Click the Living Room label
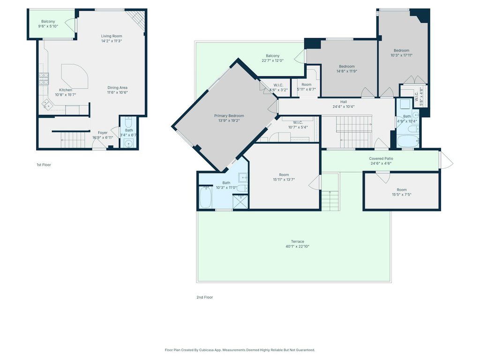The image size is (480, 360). (112, 36)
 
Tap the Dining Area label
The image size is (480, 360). (117, 88)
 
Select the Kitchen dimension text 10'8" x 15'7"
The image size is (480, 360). (66, 95)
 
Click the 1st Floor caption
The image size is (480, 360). (44, 165)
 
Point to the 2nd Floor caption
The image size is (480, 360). (204, 297)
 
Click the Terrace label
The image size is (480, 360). (298, 241)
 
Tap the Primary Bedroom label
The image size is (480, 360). (229, 116)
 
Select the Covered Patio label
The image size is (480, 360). (381, 158)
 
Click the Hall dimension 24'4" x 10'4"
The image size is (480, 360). (344, 107)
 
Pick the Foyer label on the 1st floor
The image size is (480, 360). (103, 133)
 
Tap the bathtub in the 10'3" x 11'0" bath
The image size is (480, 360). (206, 197)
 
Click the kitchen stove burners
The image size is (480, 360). (44, 79)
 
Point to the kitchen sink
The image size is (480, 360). (47, 105)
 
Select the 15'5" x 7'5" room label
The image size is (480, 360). (402, 190)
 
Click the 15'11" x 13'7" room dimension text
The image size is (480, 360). (284, 180)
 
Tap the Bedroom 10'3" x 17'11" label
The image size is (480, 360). (402, 51)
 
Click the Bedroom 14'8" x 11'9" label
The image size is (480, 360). (347, 67)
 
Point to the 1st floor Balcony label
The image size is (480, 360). (48, 22)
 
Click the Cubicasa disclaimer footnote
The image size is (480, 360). (240, 350)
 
